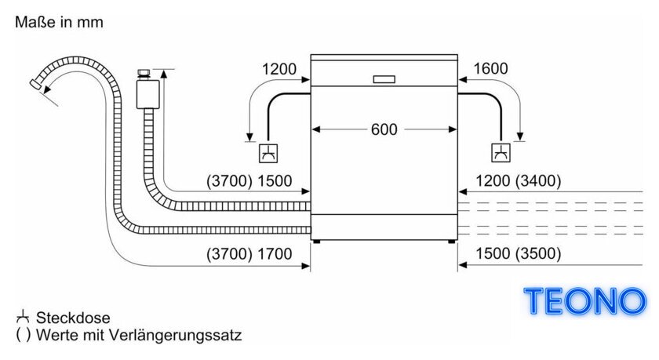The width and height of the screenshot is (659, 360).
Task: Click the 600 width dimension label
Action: (x=384, y=129)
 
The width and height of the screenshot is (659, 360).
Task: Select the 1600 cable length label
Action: (x=490, y=68)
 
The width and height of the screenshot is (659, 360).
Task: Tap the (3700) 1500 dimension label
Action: (x=249, y=181)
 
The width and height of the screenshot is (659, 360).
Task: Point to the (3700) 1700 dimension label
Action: (x=249, y=253)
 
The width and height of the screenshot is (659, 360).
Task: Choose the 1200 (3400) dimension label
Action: (x=519, y=181)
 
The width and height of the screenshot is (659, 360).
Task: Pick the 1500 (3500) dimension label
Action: (x=519, y=253)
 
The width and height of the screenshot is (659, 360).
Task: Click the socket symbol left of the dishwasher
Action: (x=268, y=153)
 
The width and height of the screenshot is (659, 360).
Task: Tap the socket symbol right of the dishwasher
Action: (x=501, y=153)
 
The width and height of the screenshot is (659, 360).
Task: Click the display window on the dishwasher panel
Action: (x=384, y=79)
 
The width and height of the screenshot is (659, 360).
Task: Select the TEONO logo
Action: (x=584, y=301)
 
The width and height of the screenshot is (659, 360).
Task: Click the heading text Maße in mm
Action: (x=60, y=22)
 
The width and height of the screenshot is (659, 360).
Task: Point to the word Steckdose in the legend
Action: (x=73, y=318)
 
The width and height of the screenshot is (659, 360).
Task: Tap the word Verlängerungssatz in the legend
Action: (x=175, y=335)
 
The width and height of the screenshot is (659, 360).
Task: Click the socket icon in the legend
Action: (x=23, y=317)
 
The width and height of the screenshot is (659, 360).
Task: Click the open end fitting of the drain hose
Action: (x=35, y=83)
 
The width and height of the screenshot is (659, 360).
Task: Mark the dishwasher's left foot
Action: (x=317, y=242)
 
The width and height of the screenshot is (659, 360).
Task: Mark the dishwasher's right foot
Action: (x=451, y=242)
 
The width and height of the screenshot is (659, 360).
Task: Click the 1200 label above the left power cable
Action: (x=279, y=69)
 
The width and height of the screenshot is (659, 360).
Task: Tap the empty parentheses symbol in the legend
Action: (x=23, y=335)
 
